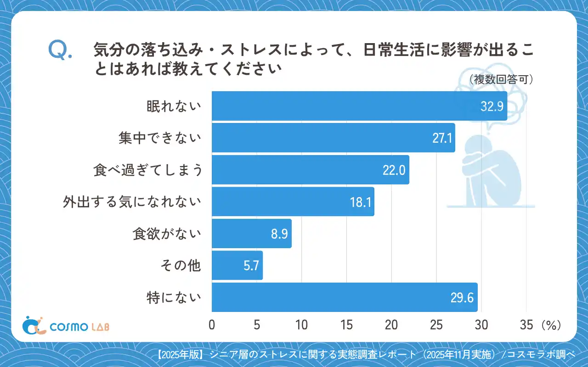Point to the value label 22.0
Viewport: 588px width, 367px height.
[394, 170]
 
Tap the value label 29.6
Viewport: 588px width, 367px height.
[462, 298]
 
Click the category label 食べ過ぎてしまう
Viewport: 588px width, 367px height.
[147, 170]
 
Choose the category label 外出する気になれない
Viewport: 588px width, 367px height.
[132, 202]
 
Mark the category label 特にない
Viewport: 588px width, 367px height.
[174, 298]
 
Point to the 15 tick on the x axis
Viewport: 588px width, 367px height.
[347, 325]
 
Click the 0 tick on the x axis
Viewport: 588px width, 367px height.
[212, 325]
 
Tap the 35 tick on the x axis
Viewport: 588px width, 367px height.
[526, 325]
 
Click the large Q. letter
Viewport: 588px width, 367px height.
[60, 50]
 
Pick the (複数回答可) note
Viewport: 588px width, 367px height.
[501, 80]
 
